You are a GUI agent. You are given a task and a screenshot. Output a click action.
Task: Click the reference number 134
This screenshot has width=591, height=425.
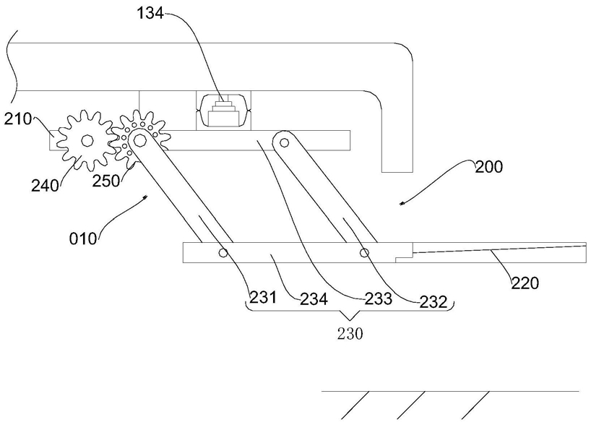pyautogui.click(x=150, y=14)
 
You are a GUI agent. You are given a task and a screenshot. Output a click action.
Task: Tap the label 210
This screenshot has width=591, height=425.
pyautogui.click(x=18, y=119)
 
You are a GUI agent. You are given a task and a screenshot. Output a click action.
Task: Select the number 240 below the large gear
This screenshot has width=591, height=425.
pyautogui.click(x=46, y=185)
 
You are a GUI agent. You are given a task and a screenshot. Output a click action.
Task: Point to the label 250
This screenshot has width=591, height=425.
pyautogui.click(x=106, y=181)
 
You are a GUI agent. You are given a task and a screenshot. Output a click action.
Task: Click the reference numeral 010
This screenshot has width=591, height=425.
pyautogui.click(x=83, y=239)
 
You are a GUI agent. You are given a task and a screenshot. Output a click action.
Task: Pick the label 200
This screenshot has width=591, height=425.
pyautogui.click(x=488, y=167)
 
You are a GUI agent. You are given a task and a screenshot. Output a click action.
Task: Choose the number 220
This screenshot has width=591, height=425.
pyautogui.click(x=525, y=283)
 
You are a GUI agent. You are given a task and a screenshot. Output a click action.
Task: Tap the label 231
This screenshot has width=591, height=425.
pyautogui.click(x=263, y=298)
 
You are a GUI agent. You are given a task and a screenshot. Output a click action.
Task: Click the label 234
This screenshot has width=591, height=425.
pyautogui.click(x=314, y=300)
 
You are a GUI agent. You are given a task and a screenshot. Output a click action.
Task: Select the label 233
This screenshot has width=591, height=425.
pyautogui.click(x=379, y=299)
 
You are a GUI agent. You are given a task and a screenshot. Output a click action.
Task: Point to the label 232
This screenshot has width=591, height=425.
pyautogui.click(x=433, y=301)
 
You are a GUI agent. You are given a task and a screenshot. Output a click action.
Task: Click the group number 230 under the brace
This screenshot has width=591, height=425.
pyautogui.click(x=350, y=334)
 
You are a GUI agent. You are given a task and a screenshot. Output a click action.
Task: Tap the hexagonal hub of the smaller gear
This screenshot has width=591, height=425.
pyautogui.click(x=139, y=141)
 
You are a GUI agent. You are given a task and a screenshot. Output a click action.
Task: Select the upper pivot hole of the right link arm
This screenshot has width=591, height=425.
pyautogui.click(x=285, y=142)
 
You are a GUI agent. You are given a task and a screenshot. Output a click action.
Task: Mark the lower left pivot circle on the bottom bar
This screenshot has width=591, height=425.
pyautogui.click(x=223, y=253)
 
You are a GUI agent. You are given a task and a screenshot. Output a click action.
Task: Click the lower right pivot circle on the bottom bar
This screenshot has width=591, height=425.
pyautogui.click(x=364, y=252)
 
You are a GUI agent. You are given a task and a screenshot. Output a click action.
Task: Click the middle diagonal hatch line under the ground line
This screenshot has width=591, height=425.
pyautogui.click(x=411, y=405)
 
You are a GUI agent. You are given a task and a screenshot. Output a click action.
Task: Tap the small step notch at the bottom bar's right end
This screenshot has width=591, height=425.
pyautogui.click(x=404, y=259)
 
